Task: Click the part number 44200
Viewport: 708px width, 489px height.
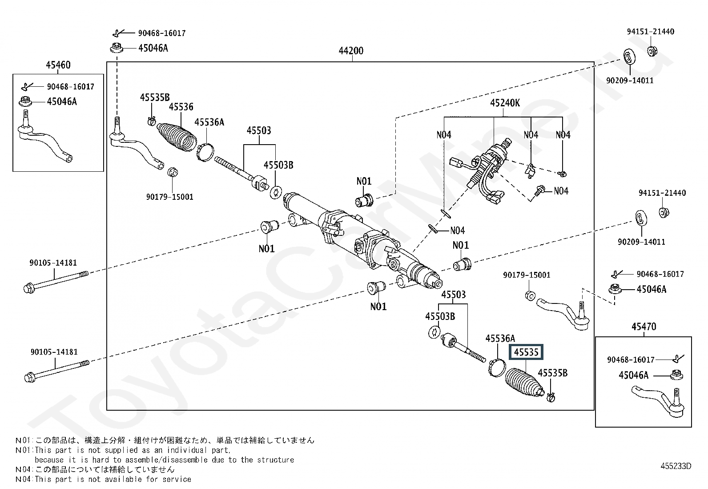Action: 351,51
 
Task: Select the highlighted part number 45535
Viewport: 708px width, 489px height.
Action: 526,352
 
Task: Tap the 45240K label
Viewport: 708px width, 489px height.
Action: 505,103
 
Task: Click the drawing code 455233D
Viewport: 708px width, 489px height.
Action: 676,466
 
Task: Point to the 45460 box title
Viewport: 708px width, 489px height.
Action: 58,65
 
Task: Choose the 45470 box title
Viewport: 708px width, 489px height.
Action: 644,327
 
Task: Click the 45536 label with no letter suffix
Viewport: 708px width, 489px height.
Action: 181,107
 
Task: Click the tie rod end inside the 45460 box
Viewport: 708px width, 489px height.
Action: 44,138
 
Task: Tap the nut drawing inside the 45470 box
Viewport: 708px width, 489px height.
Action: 676,375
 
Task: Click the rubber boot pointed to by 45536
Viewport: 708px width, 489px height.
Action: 177,136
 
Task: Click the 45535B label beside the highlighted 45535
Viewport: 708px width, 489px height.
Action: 552,373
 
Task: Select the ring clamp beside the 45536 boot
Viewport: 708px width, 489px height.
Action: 205,152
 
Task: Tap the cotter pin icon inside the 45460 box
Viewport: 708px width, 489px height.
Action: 27,86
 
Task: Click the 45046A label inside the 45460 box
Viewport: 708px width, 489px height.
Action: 62,101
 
